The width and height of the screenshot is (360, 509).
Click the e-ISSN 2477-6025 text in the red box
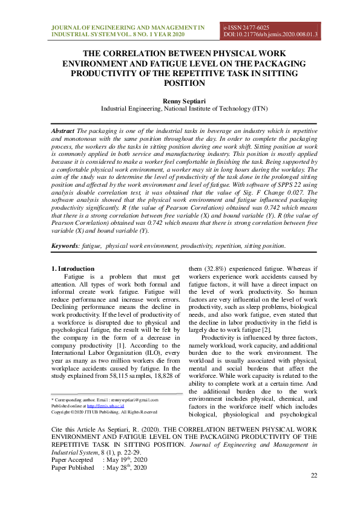coord(246,28)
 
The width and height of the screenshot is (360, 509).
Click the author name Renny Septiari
coord(180,100)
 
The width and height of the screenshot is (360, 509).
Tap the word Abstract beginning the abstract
coord(62,131)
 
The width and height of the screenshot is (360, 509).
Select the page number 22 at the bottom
coord(313,476)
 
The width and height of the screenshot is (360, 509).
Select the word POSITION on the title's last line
coord(179,83)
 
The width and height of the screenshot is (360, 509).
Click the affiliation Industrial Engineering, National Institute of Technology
coord(180,109)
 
